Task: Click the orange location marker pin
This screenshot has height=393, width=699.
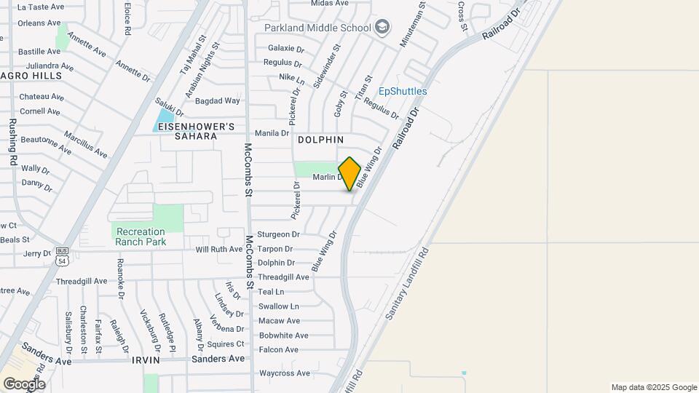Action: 350,173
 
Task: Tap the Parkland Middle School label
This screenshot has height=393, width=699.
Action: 317,28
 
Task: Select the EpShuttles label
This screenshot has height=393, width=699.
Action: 403,92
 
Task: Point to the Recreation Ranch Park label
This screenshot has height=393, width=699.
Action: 141,237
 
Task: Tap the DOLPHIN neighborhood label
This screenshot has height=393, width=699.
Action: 320,139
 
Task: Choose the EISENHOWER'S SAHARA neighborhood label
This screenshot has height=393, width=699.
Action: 197,132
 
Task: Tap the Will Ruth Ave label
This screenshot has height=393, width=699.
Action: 219,249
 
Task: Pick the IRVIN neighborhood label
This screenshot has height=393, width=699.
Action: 146,360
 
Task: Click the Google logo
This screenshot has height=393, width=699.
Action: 24,384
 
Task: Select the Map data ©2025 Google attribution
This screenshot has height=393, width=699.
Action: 654,387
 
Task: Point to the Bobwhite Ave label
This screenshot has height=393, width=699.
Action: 284,336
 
